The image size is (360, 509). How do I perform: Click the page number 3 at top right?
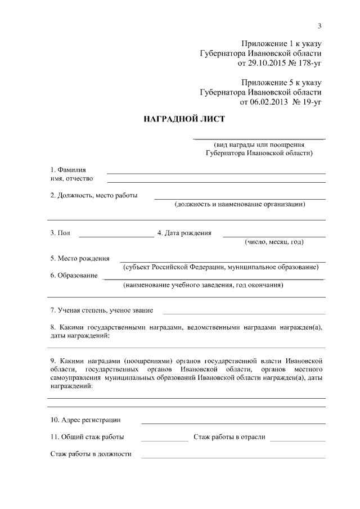[x=319, y=26]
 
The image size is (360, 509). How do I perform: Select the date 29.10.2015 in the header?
[x=258, y=63]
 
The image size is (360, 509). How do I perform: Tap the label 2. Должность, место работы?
[x=94, y=196]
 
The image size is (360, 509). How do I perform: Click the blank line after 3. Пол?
[x=116, y=236]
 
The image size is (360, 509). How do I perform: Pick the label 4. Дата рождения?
[x=184, y=233]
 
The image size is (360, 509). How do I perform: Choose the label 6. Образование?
[x=74, y=276]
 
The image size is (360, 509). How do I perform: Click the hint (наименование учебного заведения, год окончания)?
[x=203, y=285]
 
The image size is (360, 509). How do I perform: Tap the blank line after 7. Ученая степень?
[x=244, y=313]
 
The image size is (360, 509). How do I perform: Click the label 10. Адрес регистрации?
[x=85, y=420]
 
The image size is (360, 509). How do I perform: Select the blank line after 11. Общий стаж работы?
[x=164, y=440]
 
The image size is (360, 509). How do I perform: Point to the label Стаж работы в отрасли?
[x=229, y=437]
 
